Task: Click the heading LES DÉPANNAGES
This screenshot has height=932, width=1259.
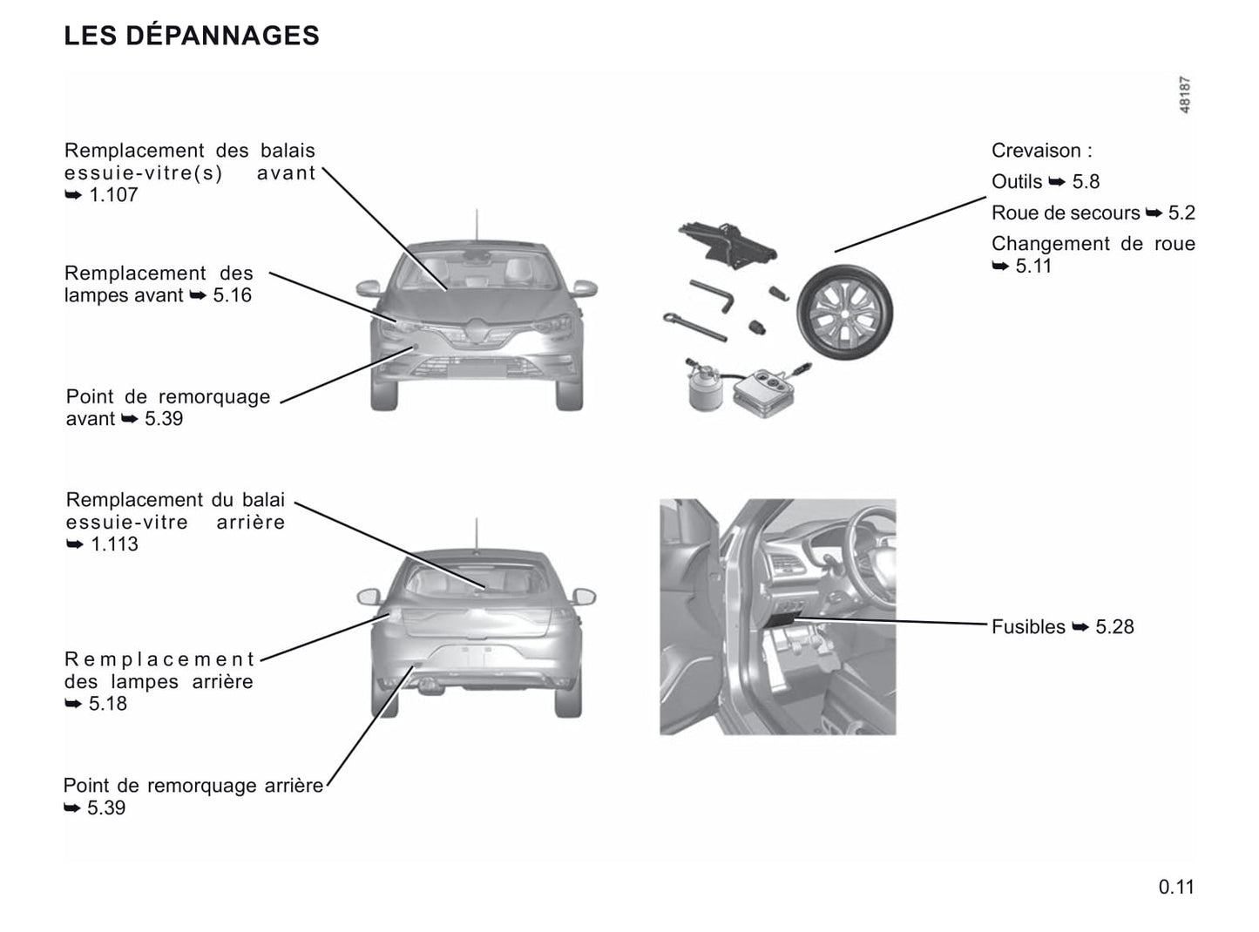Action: pyautogui.click(x=192, y=36)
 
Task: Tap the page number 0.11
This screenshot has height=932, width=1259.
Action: pyautogui.click(x=1176, y=887)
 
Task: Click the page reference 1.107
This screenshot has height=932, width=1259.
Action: pyautogui.click(x=113, y=195)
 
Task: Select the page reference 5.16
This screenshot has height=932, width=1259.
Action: pyautogui.click(x=232, y=295)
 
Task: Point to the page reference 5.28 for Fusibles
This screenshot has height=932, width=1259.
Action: pyautogui.click(x=1114, y=627)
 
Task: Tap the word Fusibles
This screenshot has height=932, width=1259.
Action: pyautogui.click(x=1028, y=627)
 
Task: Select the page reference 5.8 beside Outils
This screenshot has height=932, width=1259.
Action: pyautogui.click(x=1086, y=182)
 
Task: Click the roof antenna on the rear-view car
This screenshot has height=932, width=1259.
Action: pyautogui.click(x=476, y=534)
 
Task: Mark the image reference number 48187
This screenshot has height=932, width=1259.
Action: pyautogui.click(x=1184, y=95)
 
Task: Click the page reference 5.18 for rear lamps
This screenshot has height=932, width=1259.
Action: pyautogui.click(x=107, y=704)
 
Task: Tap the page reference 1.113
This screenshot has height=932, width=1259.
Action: pyautogui.click(x=114, y=544)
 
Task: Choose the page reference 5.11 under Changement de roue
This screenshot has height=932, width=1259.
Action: pyautogui.click(x=1033, y=267)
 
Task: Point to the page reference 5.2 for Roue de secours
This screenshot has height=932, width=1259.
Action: pyautogui.click(x=1181, y=213)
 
